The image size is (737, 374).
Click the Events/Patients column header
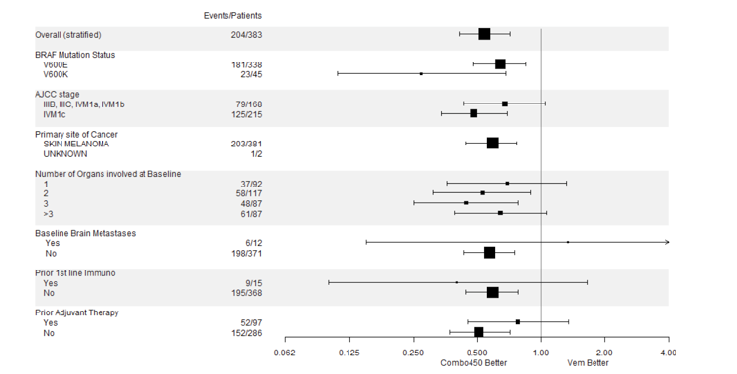(x=232, y=15)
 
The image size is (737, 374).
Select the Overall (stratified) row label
(x=68, y=35)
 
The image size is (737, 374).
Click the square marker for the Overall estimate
(x=484, y=34)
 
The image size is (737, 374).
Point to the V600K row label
(x=56, y=74)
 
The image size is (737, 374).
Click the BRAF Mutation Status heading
(x=75, y=55)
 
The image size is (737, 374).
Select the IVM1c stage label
(x=56, y=114)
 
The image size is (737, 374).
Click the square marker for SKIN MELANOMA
(x=492, y=144)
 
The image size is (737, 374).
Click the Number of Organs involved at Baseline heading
(x=107, y=174)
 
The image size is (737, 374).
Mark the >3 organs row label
(x=48, y=213)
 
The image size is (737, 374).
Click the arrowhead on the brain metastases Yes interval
(x=667, y=241)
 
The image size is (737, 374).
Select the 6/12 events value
(x=252, y=242)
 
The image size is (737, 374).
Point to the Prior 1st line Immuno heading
(x=75, y=273)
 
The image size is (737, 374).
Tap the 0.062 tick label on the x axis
(x=284, y=353)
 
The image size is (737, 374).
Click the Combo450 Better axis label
(x=474, y=363)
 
